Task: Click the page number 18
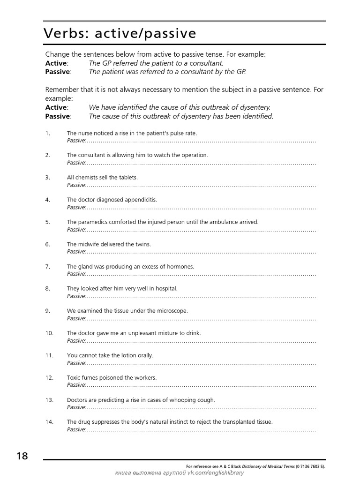point(22,456)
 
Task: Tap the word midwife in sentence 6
point(89,244)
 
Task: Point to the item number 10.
point(50,333)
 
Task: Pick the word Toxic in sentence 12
point(74,378)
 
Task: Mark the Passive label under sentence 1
point(76,141)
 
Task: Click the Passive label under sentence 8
point(76,296)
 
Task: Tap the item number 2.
point(48,155)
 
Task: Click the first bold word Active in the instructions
point(56,63)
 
